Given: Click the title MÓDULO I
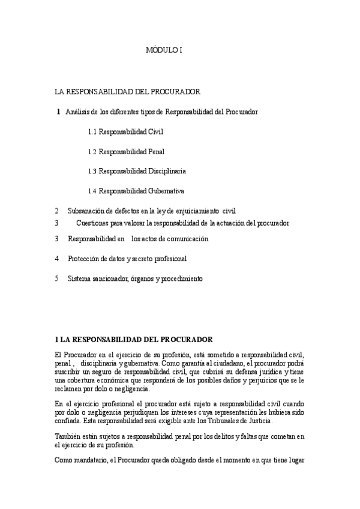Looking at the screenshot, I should (x=164, y=51).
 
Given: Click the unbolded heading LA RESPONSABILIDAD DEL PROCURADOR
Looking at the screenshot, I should (x=127, y=92).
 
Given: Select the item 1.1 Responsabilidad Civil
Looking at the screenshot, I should (x=125, y=131).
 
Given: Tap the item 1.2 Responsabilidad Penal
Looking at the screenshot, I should (x=126, y=151).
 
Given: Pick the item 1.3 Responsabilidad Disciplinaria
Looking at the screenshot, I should (x=137, y=171).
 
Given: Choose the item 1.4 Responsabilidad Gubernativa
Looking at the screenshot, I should (x=136, y=191).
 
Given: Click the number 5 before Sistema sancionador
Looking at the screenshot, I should (x=56, y=279).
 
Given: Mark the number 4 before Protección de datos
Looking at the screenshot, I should (x=56, y=259).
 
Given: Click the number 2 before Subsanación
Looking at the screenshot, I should (x=56, y=211).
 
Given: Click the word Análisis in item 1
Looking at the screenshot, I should (x=78, y=112).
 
